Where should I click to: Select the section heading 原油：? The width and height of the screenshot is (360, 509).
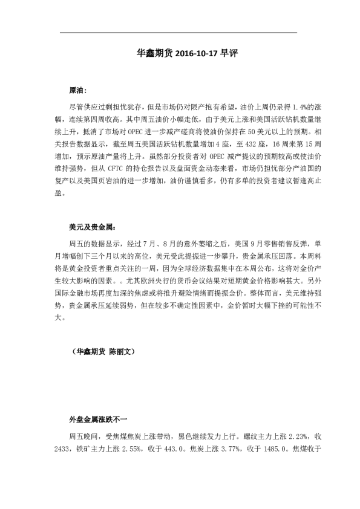79,89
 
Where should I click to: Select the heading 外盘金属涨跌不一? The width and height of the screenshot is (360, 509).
98,419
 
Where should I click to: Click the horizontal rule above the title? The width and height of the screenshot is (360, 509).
180,32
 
